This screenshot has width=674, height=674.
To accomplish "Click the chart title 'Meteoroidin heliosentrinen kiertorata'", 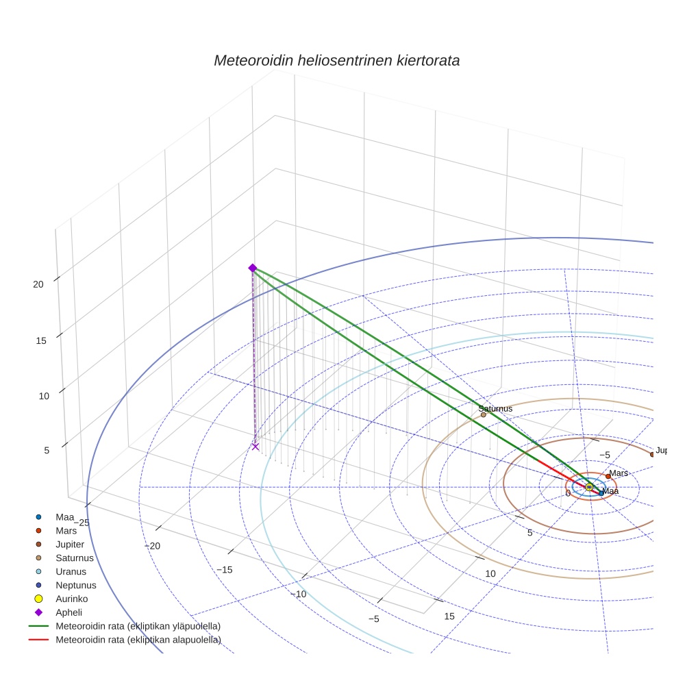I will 336,60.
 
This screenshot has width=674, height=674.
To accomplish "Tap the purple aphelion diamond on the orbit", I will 253,268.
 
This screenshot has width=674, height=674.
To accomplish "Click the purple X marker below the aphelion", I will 255,447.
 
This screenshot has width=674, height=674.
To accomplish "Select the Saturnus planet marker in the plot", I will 484,414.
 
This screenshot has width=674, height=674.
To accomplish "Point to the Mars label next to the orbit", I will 619,473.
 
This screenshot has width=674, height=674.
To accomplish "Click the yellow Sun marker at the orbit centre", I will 589,486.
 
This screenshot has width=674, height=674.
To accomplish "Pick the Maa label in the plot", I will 610,491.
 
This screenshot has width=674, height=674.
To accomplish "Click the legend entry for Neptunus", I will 76,585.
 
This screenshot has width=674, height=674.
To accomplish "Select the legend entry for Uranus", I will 73,571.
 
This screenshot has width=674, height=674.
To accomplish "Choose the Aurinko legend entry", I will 73,599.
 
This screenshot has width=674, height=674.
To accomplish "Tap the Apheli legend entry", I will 68,612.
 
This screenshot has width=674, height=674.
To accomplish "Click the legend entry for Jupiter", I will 70,544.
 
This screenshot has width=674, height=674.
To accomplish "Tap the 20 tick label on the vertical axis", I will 38,284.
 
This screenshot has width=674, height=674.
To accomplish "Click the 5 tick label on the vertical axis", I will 47,450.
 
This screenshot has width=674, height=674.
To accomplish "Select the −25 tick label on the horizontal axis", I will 80,523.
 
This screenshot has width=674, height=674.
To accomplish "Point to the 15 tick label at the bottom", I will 449,616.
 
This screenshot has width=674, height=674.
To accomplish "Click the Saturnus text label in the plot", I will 495,409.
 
